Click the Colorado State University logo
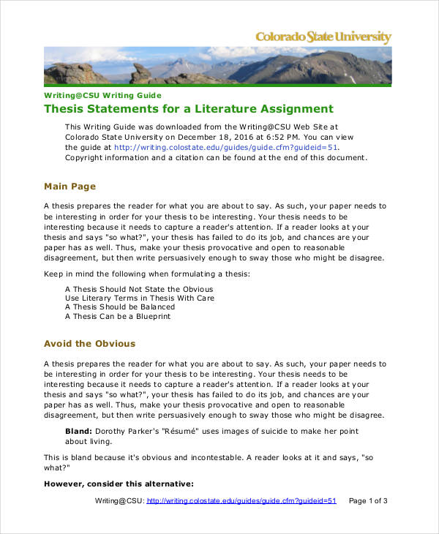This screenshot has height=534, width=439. [323, 37]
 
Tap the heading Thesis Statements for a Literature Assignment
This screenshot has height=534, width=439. [189, 109]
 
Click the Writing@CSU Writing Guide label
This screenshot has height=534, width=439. [102, 95]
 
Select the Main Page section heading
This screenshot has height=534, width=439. [70, 187]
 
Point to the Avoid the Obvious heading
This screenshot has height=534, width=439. [89, 343]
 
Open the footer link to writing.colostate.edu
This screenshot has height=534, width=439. [241, 501]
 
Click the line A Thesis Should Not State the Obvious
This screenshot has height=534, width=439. [139, 288]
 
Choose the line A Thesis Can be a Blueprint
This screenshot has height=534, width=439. [118, 317]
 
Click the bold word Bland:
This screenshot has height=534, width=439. [78, 431]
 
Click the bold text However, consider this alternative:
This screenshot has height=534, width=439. [119, 484]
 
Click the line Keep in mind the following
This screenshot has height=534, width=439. [146, 274]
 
